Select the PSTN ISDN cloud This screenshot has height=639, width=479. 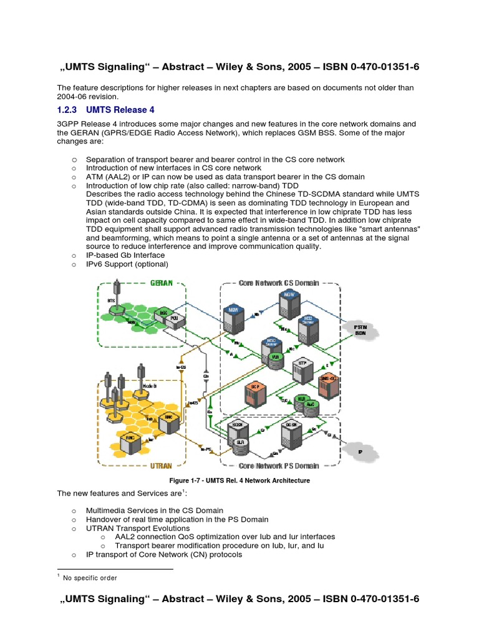360,330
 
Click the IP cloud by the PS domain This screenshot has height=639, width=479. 360,451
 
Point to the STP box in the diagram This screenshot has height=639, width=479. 302,369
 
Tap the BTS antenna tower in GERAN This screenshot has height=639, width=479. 115,294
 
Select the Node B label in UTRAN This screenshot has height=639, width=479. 150,387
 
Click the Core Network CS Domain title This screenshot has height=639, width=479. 279,283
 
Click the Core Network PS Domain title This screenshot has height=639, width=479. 279,466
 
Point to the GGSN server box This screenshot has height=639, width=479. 291,432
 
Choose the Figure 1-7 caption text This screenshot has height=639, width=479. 239,480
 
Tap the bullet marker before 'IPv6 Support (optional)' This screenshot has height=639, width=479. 74,264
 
